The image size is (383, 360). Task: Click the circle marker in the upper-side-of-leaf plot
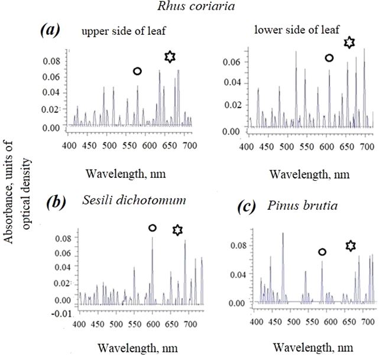137,72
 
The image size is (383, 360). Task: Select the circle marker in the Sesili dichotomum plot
152,228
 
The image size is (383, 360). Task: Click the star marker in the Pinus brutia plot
350,244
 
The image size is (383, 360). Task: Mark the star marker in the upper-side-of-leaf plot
170,57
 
